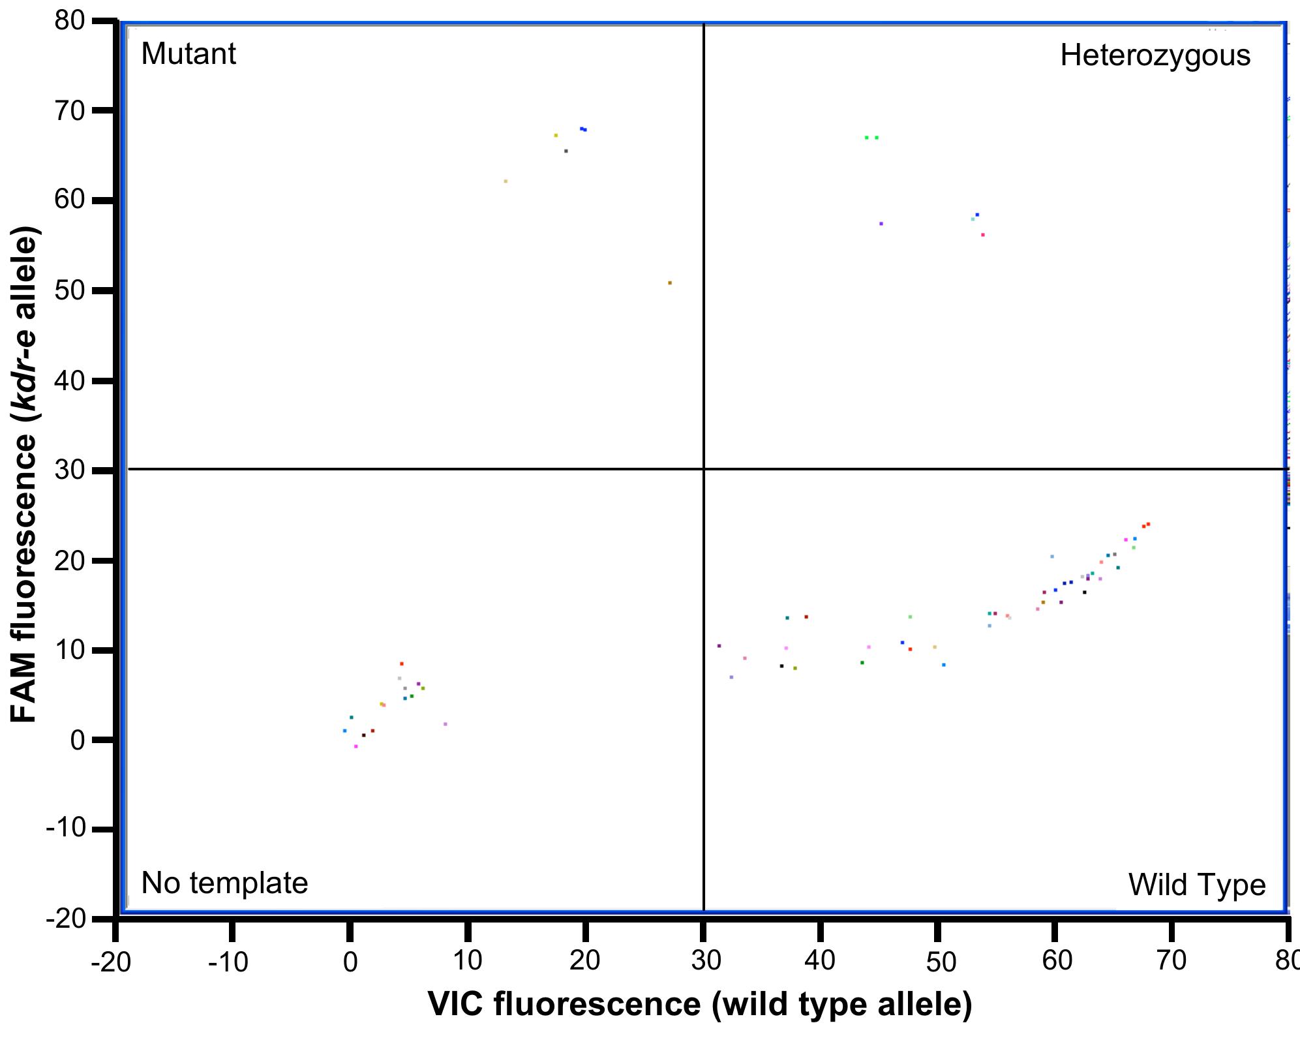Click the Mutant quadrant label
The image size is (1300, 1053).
click(189, 54)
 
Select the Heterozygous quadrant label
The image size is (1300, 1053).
click(1155, 55)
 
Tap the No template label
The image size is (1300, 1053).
click(224, 883)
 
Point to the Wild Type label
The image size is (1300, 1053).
click(1196, 885)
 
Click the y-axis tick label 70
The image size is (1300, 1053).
click(70, 111)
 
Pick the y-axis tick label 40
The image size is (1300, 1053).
click(70, 380)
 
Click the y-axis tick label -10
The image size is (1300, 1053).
click(65, 829)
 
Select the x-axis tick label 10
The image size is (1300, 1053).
click(467, 960)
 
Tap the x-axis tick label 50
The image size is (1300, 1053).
click(940, 962)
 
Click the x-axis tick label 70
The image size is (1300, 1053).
click(1172, 960)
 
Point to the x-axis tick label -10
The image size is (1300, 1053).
click(228, 962)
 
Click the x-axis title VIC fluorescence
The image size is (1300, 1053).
click(700, 1005)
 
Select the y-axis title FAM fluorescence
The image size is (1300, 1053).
click(24, 474)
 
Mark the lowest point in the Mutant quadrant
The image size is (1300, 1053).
click(670, 283)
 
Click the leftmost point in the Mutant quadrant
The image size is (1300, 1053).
click(506, 181)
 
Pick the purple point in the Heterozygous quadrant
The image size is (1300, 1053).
click(881, 224)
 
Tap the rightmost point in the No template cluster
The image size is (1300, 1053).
click(446, 724)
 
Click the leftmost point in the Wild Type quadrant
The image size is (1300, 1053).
click(719, 646)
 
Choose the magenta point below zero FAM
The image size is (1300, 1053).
click(356, 746)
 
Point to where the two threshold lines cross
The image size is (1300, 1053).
click(704, 469)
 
